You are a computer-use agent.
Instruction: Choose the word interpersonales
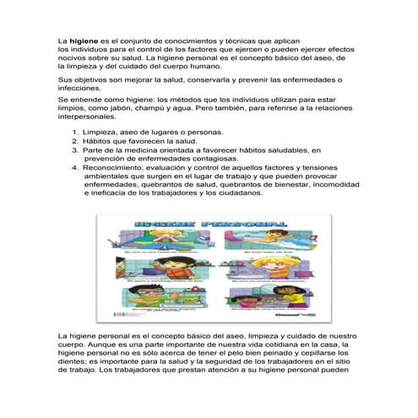(x=91, y=120)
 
